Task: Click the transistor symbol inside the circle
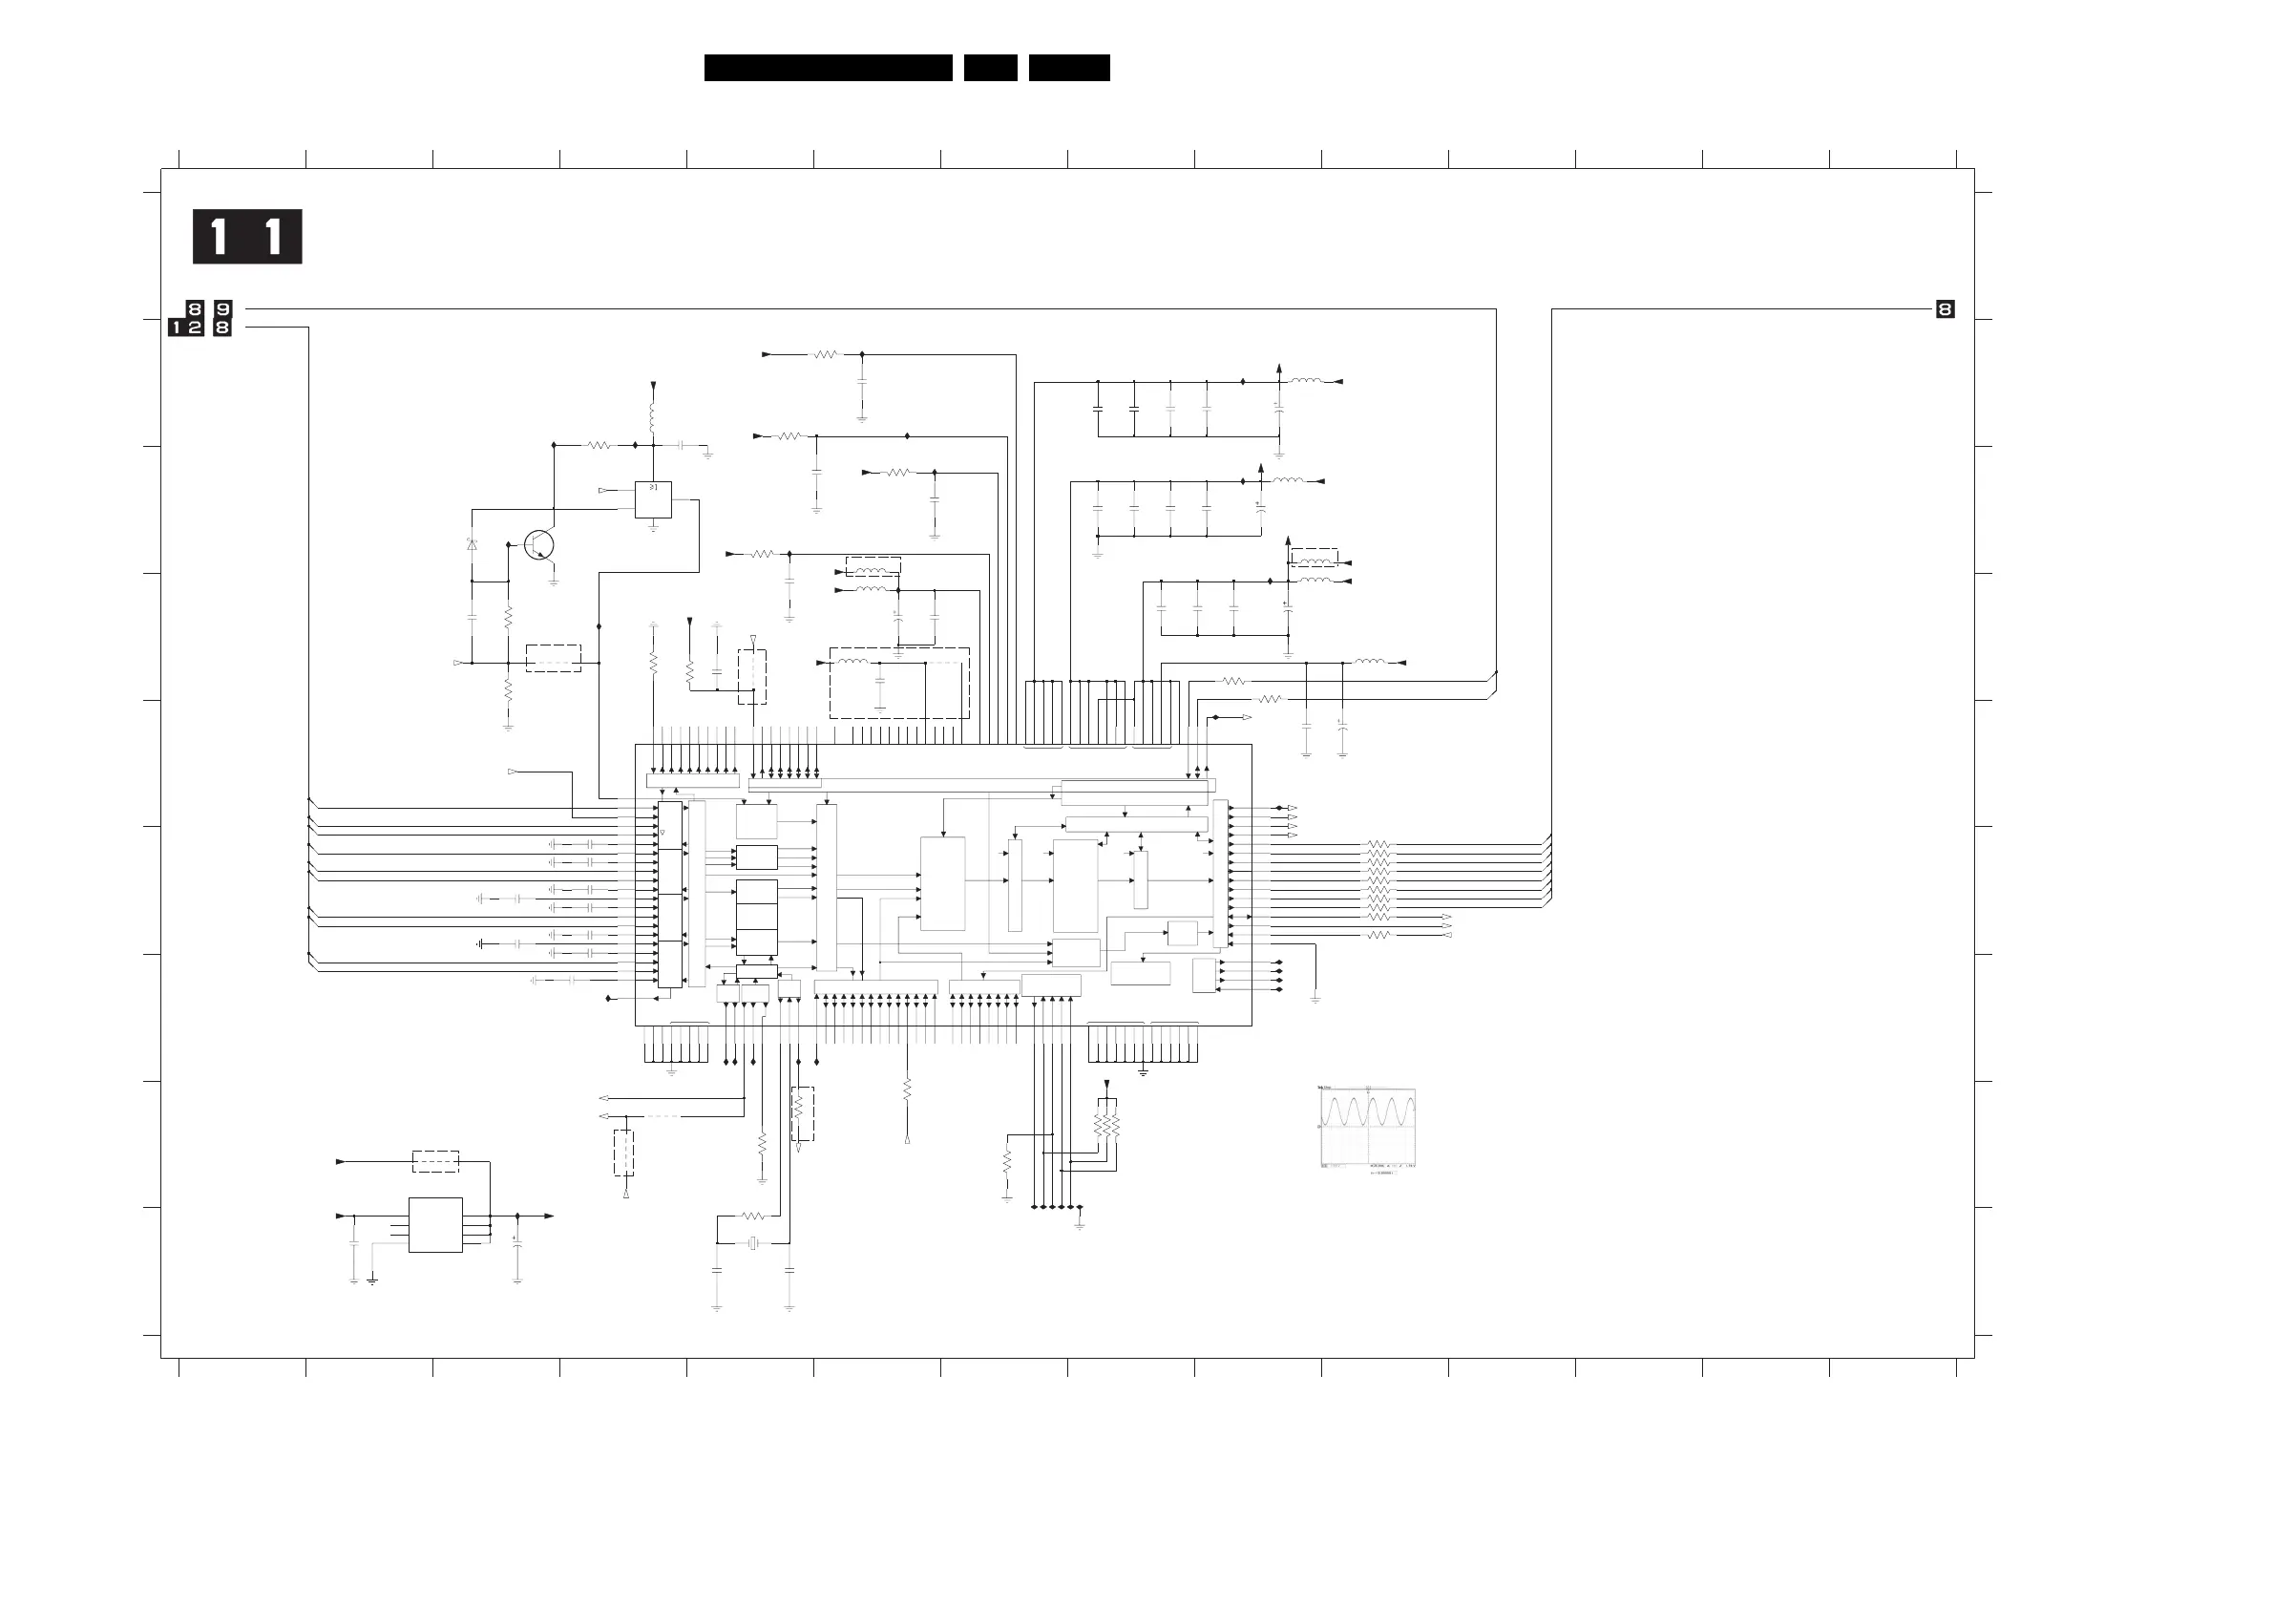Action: pyautogui.click(x=538, y=544)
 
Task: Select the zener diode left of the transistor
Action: pyautogui.click(x=473, y=544)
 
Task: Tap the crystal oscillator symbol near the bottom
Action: pyautogui.click(x=753, y=1243)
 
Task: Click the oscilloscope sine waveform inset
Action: pyautogui.click(x=1367, y=1127)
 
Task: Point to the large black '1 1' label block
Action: pyautogui.click(x=246, y=237)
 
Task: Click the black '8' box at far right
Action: pyautogui.click(x=1945, y=310)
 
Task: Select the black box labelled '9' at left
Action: pyautogui.click(x=222, y=309)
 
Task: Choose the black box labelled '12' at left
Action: pyautogui.click(x=186, y=328)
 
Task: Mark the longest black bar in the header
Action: pyautogui.click(x=828, y=68)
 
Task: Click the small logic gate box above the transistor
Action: pyautogui.click(x=652, y=499)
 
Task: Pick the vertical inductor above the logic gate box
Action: pyautogui.click(x=652, y=417)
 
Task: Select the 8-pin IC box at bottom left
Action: pyautogui.click(x=435, y=1225)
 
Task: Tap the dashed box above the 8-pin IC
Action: pyautogui.click(x=435, y=1161)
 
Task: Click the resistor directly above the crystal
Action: pyautogui.click(x=753, y=1216)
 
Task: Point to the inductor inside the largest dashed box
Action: pyautogui.click(x=852, y=663)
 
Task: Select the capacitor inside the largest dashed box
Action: pyautogui.click(x=880, y=683)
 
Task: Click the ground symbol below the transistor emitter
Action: pyautogui.click(x=554, y=582)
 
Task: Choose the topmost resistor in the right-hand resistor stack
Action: pyautogui.click(x=1378, y=845)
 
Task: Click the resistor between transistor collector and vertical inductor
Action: pyautogui.click(x=599, y=446)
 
